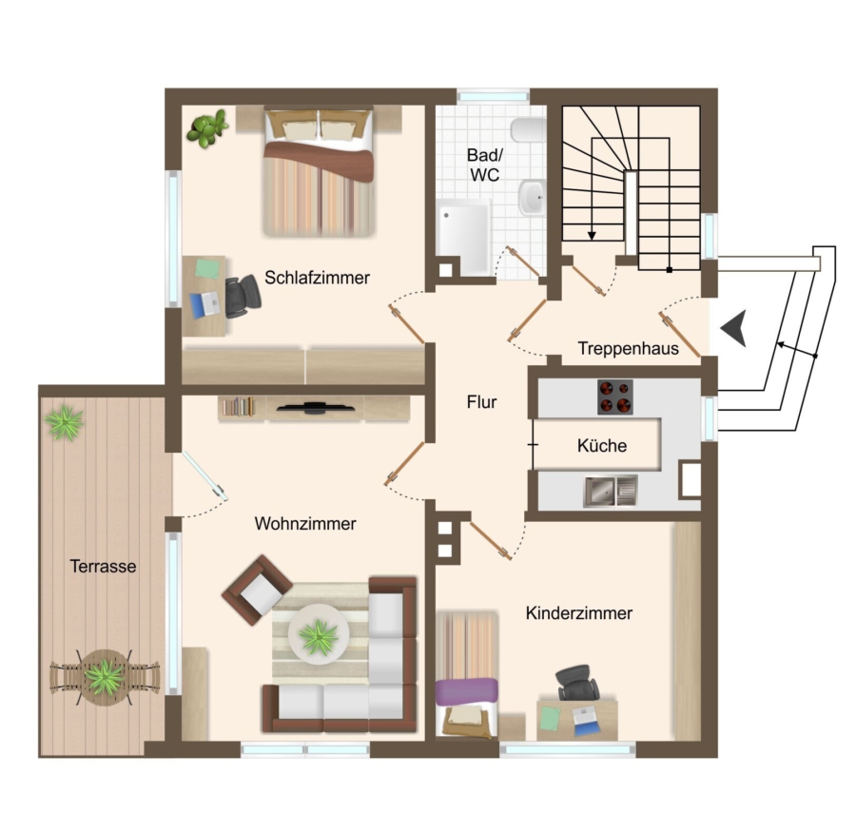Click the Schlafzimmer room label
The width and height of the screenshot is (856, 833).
click(x=317, y=278)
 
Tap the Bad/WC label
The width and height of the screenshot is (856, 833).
click(x=485, y=165)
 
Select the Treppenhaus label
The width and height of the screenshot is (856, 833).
click(x=629, y=349)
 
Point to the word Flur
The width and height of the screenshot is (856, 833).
click(x=481, y=402)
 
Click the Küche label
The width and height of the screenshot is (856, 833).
click(x=602, y=445)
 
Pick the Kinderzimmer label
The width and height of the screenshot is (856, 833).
click(x=578, y=613)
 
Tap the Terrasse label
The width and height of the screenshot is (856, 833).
click(x=103, y=566)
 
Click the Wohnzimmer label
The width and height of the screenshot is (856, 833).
click(x=305, y=524)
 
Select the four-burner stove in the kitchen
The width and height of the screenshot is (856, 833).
click(x=615, y=397)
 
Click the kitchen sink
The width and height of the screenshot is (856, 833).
click(x=611, y=491)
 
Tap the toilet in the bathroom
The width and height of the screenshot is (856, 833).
click(x=529, y=129)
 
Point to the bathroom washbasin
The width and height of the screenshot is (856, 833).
click(x=532, y=197)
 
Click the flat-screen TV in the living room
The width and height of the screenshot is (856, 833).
click(x=315, y=407)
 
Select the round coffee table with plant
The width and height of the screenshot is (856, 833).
click(x=319, y=635)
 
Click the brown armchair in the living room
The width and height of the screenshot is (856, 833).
click(x=257, y=590)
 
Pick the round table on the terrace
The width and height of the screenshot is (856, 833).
click(x=105, y=677)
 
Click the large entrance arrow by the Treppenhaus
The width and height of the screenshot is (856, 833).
click(x=734, y=328)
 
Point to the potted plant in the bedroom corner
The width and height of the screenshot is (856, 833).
click(x=207, y=128)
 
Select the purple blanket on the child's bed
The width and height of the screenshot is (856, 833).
click(x=467, y=691)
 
